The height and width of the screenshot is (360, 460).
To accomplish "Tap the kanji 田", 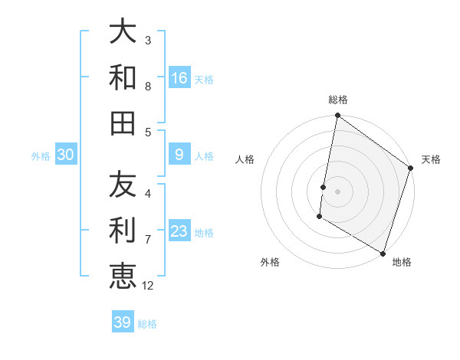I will click(123, 122).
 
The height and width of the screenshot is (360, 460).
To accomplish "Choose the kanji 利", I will click(123, 230).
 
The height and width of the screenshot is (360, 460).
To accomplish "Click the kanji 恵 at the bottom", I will click(123, 275).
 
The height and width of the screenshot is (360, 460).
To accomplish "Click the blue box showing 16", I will click(179, 77).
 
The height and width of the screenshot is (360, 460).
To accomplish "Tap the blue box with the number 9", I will click(179, 155).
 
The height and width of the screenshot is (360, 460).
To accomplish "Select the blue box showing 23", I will click(179, 231).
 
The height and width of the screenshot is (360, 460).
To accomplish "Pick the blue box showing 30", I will click(65, 155).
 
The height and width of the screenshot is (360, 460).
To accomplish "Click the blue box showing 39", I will click(122, 322).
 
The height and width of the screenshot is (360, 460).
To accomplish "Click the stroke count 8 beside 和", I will click(148, 87).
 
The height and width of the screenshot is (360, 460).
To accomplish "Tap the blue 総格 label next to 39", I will click(147, 324).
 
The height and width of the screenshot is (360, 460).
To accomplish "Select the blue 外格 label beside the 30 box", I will click(41, 155).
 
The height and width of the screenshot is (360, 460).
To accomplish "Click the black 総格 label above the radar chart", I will click(338, 100).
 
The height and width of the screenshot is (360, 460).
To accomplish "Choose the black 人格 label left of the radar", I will click(245, 159).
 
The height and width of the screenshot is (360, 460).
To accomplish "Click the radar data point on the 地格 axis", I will click(383, 253).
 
